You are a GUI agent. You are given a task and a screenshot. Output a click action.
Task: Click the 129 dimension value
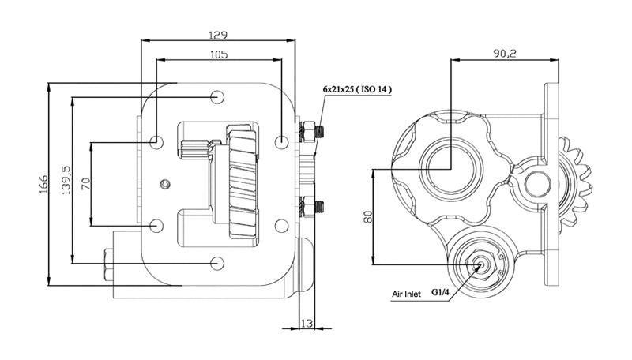(218, 35)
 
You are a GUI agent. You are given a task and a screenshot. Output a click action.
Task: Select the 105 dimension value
(219, 54)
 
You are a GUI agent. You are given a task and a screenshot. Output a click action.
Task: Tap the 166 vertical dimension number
(43, 184)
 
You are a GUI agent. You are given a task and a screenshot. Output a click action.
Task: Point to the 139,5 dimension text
(66, 181)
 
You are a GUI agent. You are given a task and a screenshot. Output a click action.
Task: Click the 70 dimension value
(86, 184)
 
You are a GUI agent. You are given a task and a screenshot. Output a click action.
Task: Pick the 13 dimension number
(307, 323)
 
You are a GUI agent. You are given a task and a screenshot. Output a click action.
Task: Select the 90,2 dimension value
(505, 54)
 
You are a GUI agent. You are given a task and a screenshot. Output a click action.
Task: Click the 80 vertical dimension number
(367, 217)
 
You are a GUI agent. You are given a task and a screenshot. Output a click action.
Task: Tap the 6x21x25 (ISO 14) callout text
(357, 89)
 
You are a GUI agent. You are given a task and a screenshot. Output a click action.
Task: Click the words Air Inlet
(406, 294)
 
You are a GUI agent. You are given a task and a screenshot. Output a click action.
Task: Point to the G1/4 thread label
(440, 292)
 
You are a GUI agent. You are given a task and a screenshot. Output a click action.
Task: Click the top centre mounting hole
(218, 97)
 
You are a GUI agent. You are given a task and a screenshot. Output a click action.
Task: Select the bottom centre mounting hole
(218, 264)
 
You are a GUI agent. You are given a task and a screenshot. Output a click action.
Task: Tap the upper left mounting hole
(156, 142)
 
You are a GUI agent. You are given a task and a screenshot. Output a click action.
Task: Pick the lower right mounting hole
(281, 226)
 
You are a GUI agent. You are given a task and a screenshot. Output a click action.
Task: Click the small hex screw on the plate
(165, 185)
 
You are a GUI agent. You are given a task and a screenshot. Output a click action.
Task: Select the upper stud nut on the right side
(309, 131)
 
